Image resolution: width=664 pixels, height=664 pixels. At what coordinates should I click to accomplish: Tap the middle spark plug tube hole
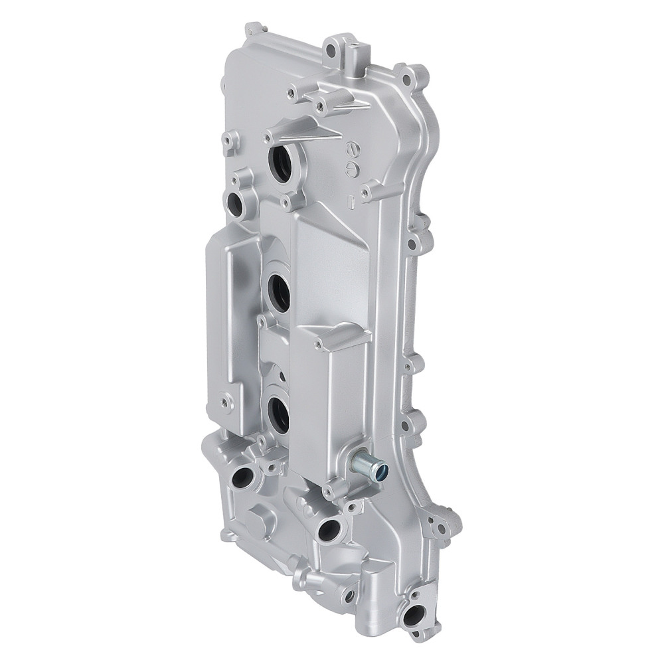[x=280, y=293]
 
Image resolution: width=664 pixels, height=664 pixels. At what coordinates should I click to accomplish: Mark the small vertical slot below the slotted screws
[x=352, y=197]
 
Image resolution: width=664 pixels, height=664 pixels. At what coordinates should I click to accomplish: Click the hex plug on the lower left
[x=260, y=524]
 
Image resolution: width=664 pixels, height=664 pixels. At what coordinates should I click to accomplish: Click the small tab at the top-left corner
[x=253, y=29]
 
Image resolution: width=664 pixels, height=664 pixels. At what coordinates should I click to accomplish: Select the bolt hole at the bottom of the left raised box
[x=228, y=401]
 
